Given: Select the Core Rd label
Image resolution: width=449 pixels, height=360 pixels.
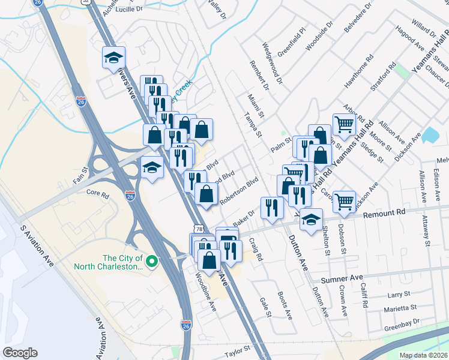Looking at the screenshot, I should [97, 194].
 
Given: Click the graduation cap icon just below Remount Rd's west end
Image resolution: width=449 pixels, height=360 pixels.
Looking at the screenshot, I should [311, 221].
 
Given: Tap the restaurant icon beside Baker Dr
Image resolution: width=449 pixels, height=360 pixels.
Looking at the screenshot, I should [273, 208].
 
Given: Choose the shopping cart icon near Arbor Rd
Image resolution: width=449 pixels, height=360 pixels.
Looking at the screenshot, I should [344, 125].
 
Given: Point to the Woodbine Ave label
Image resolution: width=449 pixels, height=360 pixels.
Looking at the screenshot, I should [205, 293].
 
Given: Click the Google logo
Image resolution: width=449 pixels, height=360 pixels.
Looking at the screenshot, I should [20, 353].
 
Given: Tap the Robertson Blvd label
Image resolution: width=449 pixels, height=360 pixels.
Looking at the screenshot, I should [238, 191].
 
